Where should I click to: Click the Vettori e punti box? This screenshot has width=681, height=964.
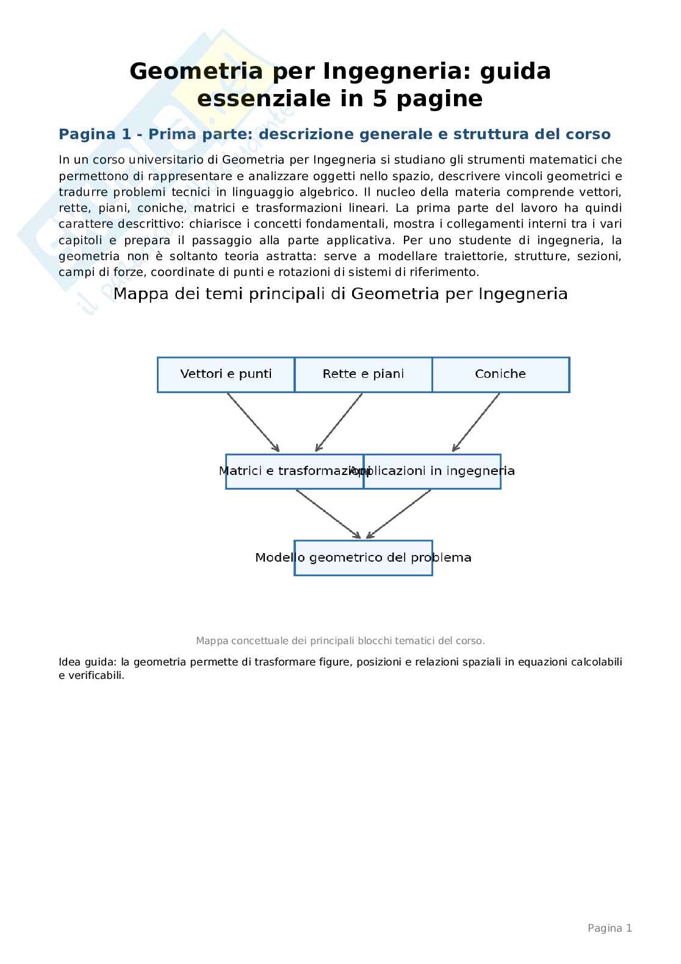pos(226,374)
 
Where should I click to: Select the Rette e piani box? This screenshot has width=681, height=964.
pos(363,374)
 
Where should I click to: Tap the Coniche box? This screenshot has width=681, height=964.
pos(500,374)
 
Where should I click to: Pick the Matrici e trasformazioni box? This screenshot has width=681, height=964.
pos(294,471)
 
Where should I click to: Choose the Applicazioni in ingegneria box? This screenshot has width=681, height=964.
pos(432,471)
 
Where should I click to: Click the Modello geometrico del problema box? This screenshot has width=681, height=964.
pos(363,558)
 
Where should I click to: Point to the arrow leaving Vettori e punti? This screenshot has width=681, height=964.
pos(253,422)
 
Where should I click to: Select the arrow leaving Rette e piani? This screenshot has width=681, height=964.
pos(339,422)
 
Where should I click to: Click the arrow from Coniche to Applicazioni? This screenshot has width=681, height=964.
pos(476,422)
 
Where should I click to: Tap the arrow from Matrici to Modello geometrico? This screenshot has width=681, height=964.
pos(328,514)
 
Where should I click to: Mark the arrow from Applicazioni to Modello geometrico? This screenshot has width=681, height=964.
pos(398,514)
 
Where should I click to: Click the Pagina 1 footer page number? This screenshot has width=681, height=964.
pos(609,928)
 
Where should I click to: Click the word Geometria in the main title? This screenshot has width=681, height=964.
pos(196,71)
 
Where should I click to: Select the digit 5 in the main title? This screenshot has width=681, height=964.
pos(380,99)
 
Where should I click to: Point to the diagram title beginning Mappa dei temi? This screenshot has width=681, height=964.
pos(340,294)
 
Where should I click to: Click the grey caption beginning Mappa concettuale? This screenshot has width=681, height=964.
pos(340,640)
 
